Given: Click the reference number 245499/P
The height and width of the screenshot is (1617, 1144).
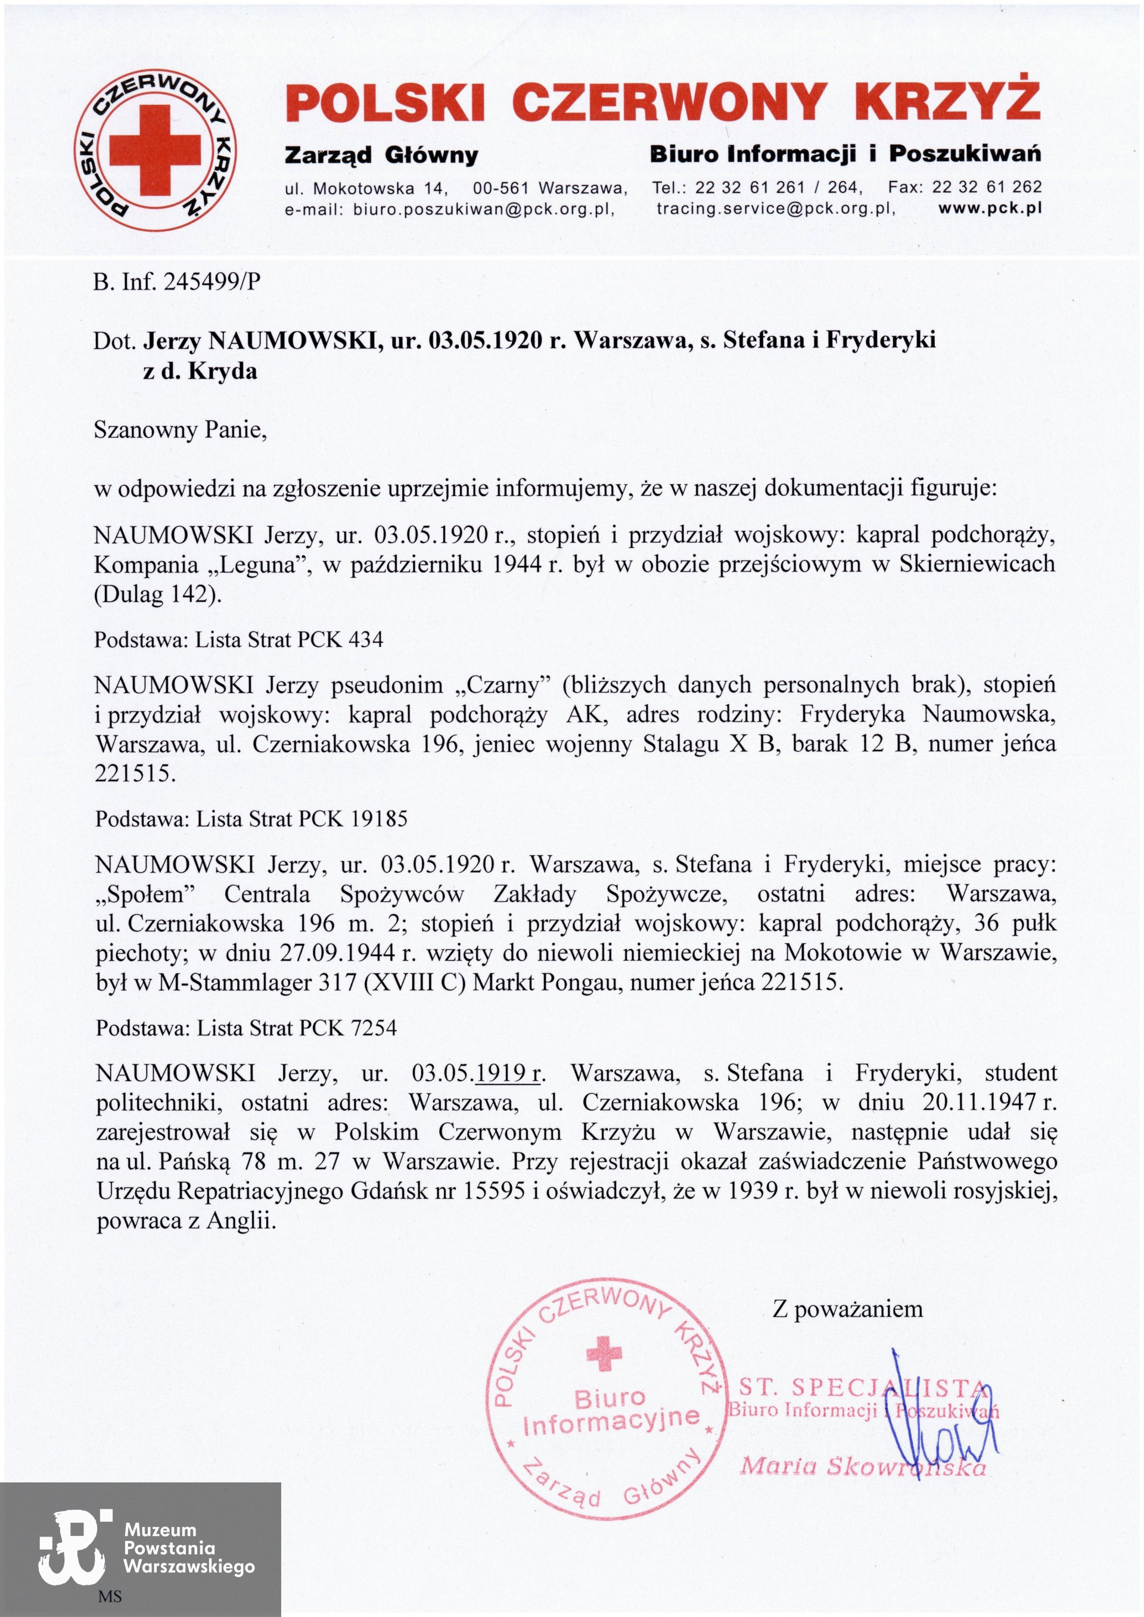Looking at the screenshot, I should point(212,282).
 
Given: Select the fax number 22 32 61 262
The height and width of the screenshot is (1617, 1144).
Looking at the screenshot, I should point(986,188).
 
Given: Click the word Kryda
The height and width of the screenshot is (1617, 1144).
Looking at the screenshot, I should point(223,370).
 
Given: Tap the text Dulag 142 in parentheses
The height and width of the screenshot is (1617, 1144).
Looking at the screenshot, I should point(157,594).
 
